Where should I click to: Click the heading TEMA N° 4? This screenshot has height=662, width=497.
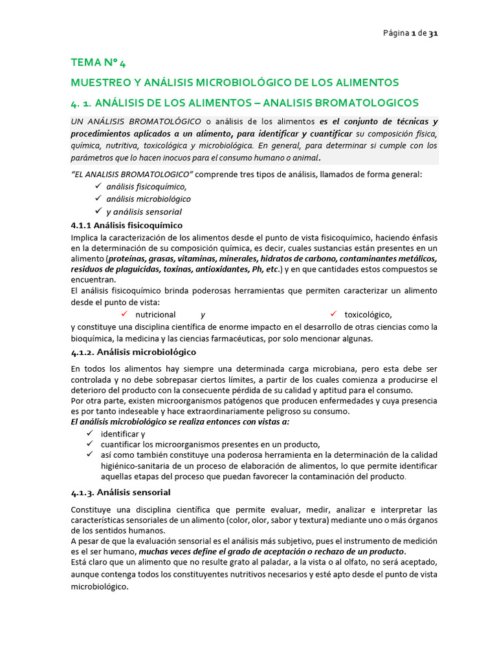click(x=99, y=63)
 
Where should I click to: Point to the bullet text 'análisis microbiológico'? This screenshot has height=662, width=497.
click(x=148, y=199)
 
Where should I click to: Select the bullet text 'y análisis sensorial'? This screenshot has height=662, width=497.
click(x=144, y=212)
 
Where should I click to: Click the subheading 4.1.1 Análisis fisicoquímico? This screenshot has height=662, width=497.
click(x=127, y=226)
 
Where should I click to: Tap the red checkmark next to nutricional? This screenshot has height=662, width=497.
click(x=126, y=314)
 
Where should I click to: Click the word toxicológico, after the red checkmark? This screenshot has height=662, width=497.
click(x=368, y=315)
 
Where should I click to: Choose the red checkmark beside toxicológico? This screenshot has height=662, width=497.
click(x=334, y=314)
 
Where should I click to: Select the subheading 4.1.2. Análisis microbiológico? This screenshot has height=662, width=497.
click(x=133, y=352)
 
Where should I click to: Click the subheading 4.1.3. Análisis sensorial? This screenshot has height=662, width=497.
click(x=120, y=493)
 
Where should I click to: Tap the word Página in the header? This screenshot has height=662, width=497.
click(x=395, y=34)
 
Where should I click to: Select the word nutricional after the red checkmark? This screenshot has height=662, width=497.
click(x=155, y=315)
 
